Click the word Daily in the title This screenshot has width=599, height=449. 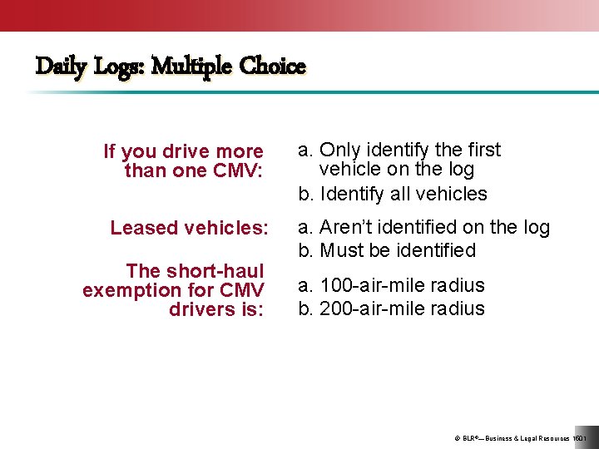[x=60, y=66]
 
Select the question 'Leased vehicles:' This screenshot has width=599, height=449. [x=190, y=228]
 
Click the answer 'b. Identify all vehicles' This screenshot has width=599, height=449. [x=393, y=194]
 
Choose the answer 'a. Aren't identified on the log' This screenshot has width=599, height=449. [x=424, y=227]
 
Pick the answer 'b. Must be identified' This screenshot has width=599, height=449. [x=387, y=250]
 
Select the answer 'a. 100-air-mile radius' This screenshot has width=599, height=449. [x=391, y=285]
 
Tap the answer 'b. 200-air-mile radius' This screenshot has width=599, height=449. [x=391, y=308]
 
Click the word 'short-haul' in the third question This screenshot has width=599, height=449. [x=215, y=271]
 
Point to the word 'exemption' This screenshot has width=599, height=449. [x=132, y=290]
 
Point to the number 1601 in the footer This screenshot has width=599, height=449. [x=581, y=437]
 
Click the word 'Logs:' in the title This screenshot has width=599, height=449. [x=118, y=66]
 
